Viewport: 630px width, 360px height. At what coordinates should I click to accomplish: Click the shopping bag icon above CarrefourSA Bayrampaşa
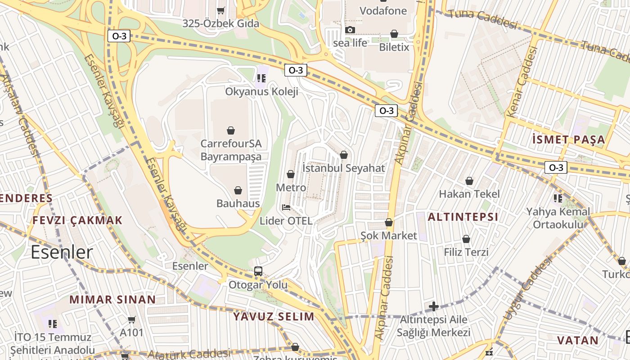coord(231,130)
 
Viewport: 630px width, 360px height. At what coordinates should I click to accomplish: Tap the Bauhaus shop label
coord(238,203)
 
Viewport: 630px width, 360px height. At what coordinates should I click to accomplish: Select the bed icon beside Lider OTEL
coord(286,207)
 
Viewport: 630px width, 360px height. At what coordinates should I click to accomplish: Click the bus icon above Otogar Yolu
coord(258,271)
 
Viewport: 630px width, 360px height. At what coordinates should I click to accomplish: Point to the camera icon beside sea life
coord(350,30)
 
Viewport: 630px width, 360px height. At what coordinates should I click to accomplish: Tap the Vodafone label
coord(383,11)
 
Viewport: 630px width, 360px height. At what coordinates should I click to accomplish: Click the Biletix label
coord(394,47)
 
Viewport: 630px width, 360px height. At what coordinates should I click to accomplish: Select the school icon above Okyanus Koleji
coord(261,78)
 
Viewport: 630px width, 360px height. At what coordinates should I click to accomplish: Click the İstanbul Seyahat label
coord(344,168)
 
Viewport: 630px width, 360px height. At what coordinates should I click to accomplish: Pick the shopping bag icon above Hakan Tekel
coord(469,181)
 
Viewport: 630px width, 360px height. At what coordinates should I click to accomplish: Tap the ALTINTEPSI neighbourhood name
coord(463,217)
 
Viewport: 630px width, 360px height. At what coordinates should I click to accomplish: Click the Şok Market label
coord(389,236)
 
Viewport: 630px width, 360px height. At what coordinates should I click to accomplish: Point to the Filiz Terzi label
coord(466,252)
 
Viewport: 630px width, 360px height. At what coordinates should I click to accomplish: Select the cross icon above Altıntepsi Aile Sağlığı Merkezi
coord(433,307)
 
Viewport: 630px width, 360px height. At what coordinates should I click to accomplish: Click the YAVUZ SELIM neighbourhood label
coord(274,316)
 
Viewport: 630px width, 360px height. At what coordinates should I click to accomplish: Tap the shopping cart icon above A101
coord(131,320)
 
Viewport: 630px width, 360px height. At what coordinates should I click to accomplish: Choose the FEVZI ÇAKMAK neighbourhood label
coord(77,220)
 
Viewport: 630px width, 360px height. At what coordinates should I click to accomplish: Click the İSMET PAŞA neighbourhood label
coord(568,139)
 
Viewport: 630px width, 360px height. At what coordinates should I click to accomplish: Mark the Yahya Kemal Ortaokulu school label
coord(558,218)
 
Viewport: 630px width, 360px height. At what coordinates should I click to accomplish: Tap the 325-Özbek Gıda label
coord(220,23)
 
